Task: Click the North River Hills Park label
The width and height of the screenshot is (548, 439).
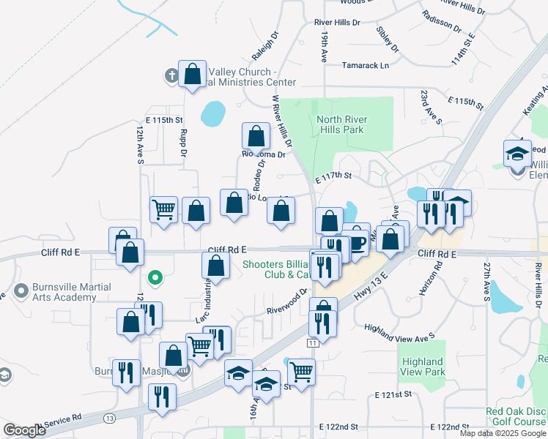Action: coord(339,124)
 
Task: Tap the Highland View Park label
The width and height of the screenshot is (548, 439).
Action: coord(423,367)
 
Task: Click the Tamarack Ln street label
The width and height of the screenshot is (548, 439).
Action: coord(366,65)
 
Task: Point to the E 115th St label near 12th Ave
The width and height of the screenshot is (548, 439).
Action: coord(163,119)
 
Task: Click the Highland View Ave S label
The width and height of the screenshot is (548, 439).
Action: coord(400,331)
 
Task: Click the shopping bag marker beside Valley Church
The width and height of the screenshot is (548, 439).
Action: coord(192,75)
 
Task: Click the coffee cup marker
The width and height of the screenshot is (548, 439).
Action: coord(356,243)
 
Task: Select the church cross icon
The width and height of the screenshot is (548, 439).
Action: coord(171,75)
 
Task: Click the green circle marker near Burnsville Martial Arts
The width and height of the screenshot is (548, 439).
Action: coord(155,277)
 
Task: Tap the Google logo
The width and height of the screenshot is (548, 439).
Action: coord(24,430)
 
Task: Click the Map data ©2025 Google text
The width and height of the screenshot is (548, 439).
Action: coord(503,433)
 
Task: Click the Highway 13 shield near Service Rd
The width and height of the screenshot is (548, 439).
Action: coord(110,418)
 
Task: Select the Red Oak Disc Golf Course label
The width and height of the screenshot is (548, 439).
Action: coord(515,416)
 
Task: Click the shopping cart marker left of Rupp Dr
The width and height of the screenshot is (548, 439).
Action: coord(163,209)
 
